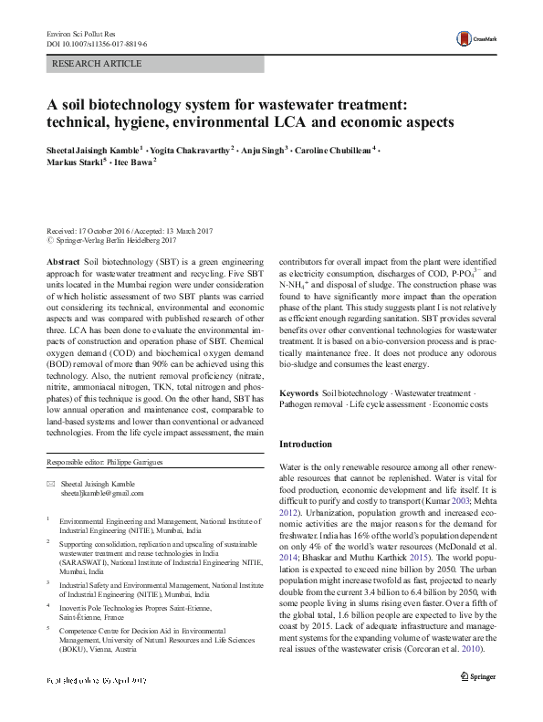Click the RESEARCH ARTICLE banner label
tap(99, 64)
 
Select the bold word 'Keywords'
tap(298, 392)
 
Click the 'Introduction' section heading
tap(306, 445)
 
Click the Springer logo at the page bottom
tap(478, 701)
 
